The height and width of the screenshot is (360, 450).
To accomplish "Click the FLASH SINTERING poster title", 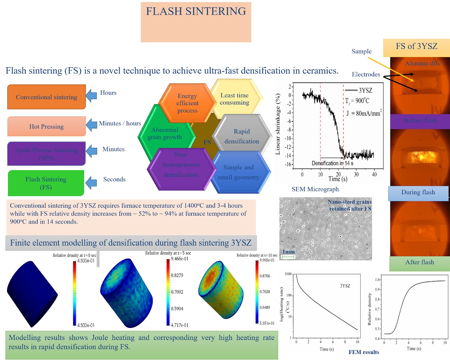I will (x=196, y=12).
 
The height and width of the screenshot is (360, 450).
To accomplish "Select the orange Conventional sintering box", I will (x=46, y=97).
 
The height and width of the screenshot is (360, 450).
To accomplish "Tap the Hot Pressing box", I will (x=46, y=126).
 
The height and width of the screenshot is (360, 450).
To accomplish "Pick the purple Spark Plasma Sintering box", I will (x=46, y=153).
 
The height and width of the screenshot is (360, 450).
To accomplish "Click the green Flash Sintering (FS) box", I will (x=46, y=183).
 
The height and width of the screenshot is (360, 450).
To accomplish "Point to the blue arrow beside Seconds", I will (x=91, y=183).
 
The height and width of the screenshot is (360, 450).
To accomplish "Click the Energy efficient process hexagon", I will (x=187, y=103).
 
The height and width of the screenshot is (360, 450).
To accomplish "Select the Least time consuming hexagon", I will (x=234, y=99).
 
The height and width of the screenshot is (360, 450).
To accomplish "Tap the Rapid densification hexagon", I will (x=242, y=136).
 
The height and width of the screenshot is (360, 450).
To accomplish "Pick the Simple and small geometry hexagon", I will (x=238, y=172).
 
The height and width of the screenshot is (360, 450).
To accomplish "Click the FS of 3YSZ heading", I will (x=417, y=46).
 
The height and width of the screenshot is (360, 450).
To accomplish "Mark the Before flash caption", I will (x=420, y=121).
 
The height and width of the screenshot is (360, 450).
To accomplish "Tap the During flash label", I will (x=418, y=192).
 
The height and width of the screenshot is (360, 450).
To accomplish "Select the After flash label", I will (x=419, y=262).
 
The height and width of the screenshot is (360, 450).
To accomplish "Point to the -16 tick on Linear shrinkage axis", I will (x=288, y=164).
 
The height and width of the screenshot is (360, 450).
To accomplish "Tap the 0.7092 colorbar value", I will (x=177, y=292).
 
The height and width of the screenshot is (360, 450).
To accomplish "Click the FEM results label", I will (x=364, y=352).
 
